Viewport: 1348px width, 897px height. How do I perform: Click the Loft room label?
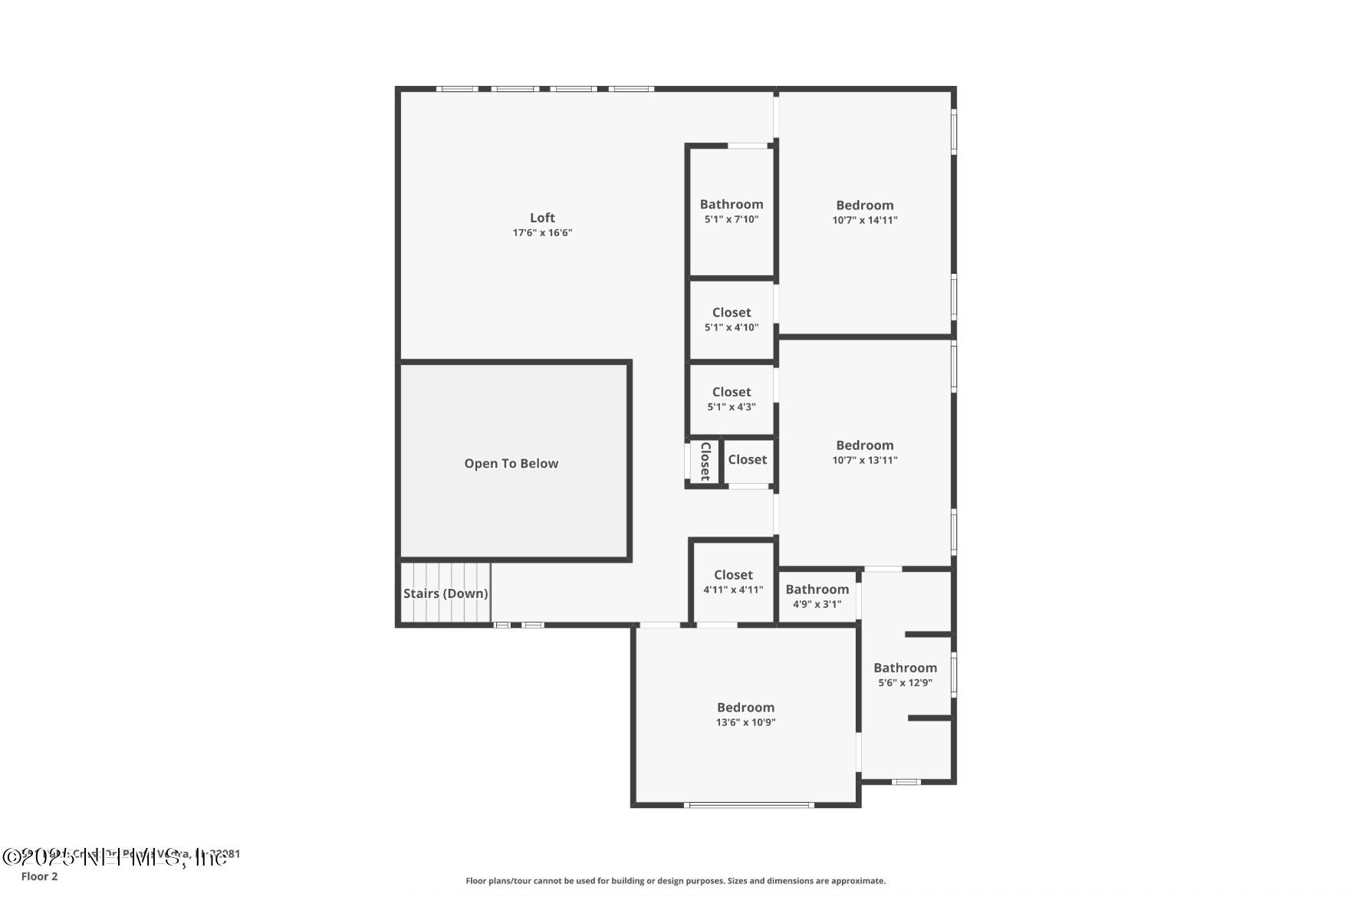tap(542, 218)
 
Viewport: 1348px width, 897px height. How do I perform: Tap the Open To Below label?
tap(511, 463)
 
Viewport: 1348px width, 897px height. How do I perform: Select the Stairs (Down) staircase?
tap(445, 593)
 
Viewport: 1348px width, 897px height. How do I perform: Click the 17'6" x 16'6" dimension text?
tap(542, 233)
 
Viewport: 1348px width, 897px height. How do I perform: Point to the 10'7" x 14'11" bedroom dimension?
tap(865, 220)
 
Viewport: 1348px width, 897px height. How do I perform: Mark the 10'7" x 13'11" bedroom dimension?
tap(865, 460)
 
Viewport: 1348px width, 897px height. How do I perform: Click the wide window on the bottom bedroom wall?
tap(748, 805)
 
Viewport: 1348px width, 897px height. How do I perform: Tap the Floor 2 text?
tap(39, 876)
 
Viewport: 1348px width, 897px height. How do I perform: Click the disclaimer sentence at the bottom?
tap(676, 881)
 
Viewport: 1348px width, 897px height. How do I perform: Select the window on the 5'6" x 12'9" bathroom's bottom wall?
tap(906, 782)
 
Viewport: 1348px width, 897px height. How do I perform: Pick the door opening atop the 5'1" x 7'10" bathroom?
tap(748, 146)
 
